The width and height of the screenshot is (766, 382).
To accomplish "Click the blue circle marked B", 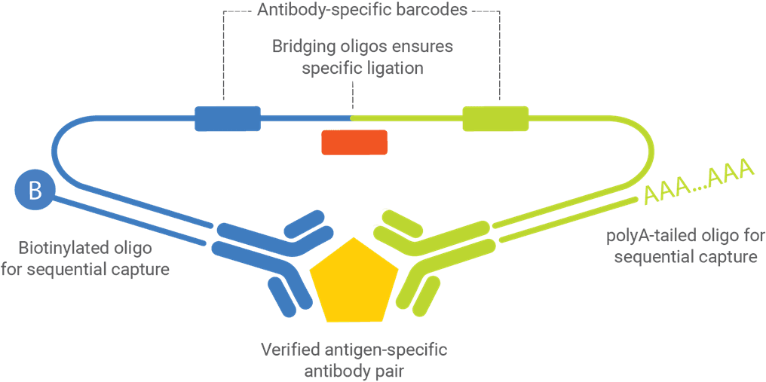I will click(35, 191).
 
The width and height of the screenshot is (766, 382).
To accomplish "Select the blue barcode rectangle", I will click(227, 118).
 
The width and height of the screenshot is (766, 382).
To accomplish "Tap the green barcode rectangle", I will click(495, 118).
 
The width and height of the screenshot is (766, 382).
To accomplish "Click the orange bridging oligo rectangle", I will click(354, 142).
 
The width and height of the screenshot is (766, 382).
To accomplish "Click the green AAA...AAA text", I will click(699, 182).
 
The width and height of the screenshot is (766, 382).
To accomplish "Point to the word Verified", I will click(290, 350).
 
